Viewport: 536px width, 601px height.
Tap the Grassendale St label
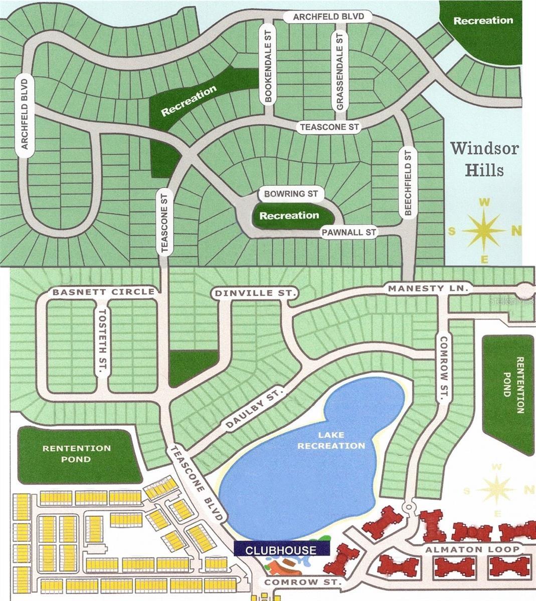click(340, 71)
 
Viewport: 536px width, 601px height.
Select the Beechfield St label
click(408, 182)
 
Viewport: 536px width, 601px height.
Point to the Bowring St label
click(291, 193)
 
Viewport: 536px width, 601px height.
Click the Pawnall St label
click(349, 232)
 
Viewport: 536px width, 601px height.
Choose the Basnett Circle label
click(104, 291)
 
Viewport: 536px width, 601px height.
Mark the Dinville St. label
click(256, 292)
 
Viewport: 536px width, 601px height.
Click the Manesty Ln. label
click(428, 288)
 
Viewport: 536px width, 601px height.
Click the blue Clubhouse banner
click(281, 550)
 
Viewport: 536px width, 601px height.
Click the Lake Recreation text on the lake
click(331, 441)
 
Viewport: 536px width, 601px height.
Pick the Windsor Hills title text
click(484, 159)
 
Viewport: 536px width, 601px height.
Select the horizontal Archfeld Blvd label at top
click(328, 17)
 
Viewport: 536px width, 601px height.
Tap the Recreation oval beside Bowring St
click(289, 216)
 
